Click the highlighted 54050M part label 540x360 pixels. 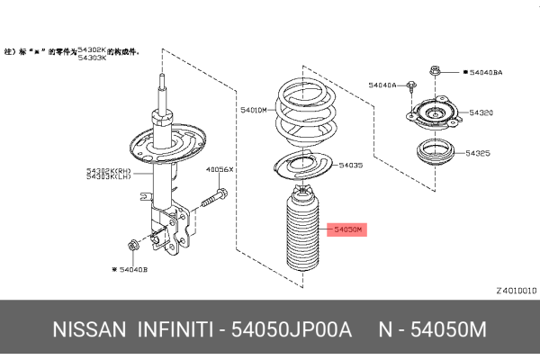pyautogui.click(x=347, y=230)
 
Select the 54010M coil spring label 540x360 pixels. pyautogui.click(x=254, y=110)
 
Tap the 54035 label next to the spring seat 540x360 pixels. pyautogui.click(x=351, y=166)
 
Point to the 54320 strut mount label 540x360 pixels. pyautogui.click(x=479, y=114)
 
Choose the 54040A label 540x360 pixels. pyautogui.click(x=382, y=85)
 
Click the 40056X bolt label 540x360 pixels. pyautogui.click(x=220, y=168)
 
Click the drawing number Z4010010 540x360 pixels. pyautogui.click(x=516, y=291)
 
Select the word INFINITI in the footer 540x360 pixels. pyautogui.click(x=176, y=331)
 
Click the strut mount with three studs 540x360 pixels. pyautogui.click(x=435, y=115)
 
